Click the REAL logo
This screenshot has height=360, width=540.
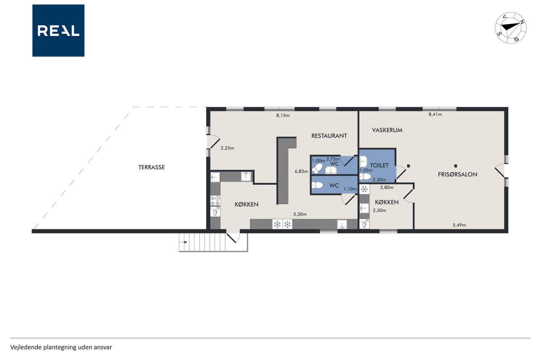pyautogui.click(x=58, y=31)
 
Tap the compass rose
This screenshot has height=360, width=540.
pyautogui.click(x=510, y=28)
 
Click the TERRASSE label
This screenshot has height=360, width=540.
pyautogui.click(x=151, y=167)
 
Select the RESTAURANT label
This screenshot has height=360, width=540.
pyautogui.click(x=329, y=136)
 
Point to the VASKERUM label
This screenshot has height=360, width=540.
pyautogui.click(x=387, y=130)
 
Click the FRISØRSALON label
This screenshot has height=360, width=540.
pyautogui.click(x=458, y=174)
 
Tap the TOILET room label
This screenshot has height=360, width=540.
pyautogui.click(x=379, y=165)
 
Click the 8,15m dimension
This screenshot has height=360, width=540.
pyautogui.click(x=283, y=115)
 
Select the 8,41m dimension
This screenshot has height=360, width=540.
pyautogui.click(x=435, y=114)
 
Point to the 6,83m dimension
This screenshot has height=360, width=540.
pyautogui.click(x=301, y=171)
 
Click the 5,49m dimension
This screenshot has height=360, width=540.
pyautogui.click(x=459, y=225)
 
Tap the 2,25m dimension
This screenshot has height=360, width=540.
pyautogui.click(x=227, y=148)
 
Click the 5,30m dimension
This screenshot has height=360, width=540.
pyautogui.click(x=300, y=214)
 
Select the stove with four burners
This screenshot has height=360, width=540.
pyautogui.click(x=215, y=201)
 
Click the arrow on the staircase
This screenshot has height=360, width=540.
pyautogui.click(x=185, y=242)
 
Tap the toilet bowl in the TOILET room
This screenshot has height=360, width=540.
pyautogui.click(x=365, y=177)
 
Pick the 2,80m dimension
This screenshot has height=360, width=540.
pyautogui.click(x=387, y=187)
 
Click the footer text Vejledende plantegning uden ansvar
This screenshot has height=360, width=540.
pyautogui.click(x=61, y=347)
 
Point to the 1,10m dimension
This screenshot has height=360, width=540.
pyautogui.click(x=350, y=189)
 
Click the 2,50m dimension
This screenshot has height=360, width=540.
pyautogui.click(x=379, y=210)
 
